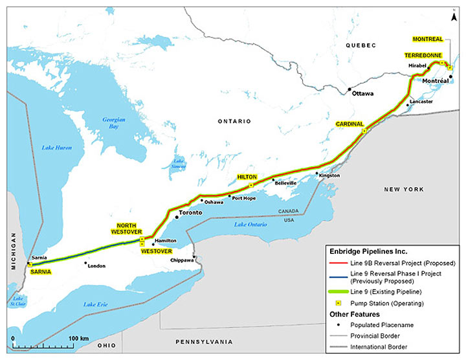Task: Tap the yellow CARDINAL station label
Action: [x=349, y=124]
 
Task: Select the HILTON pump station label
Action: [x=247, y=177]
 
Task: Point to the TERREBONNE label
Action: [x=424, y=56]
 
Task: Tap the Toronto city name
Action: [x=191, y=212]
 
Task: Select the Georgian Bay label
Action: [x=113, y=123]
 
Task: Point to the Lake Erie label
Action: [x=96, y=304]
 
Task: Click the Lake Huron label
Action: [x=57, y=148]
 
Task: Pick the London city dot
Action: [x=86, y=263]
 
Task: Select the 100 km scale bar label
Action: [x=78, y=339]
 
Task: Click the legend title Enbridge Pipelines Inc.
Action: [x=366, y=251]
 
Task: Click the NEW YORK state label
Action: [x=403, y=189]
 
